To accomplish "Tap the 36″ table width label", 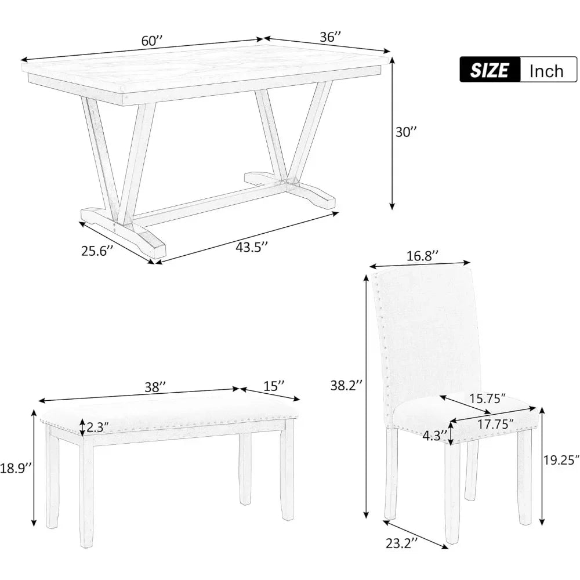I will coord(330,37).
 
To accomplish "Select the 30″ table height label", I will coord(406,132).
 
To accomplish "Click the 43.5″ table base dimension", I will coord(252,246).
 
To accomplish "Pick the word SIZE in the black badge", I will coord(490,70).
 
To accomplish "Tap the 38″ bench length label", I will coord(155,387).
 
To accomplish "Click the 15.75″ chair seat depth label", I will coord(488,398).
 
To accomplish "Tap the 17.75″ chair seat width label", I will coord(490,423).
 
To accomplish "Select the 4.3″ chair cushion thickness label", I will coord(435,434).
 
